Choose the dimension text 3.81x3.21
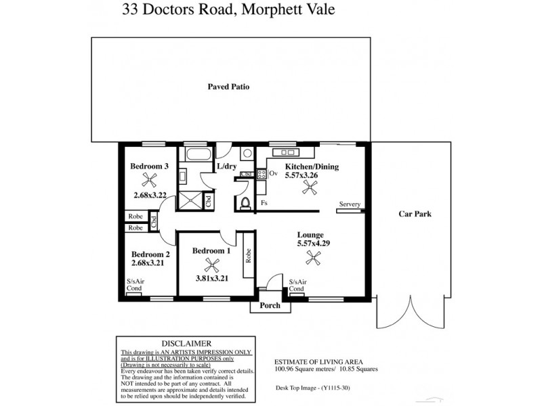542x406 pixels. (x=211, y=277)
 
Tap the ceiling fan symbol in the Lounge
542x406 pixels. (x=313, y=256)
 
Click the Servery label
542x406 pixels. (x=350, y=204)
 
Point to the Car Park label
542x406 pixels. (x=415, y=215)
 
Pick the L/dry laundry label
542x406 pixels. (x=226, y=166)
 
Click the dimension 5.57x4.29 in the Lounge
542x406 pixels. (x=313, y=243)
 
